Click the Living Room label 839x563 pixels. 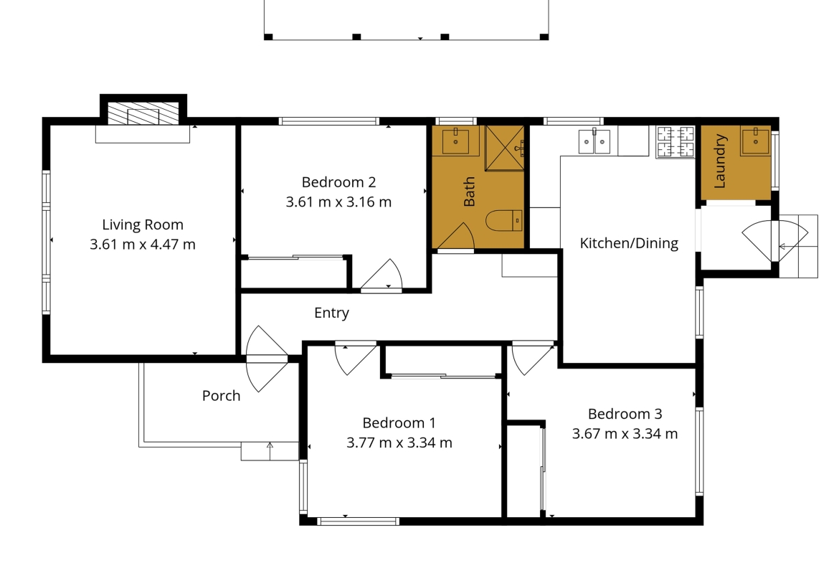pyautogui.click(x=142, y=224)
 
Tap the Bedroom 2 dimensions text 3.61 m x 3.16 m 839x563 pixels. pyautogui.click(x=338, y=202)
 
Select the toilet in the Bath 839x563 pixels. pyautogui.click(x=504, y=220)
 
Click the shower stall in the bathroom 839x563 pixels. pyautogui.click(x=505, y=148)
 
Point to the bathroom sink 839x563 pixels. pyautogui.click(x=455, y=141)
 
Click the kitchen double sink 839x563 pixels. pyautogui.click(x=594, y=141)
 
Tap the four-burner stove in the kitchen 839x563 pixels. pyautogui.click(x=676, y=142)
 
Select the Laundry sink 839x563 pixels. pyautogui.click(x=755, y=141)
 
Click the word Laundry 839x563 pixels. pyautogui.click(x=720, y=161)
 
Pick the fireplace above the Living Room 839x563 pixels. pyautogui.click(x=143, y=113)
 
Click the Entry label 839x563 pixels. pyautogui.click(x=332, y=313)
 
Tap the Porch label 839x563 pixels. pyautogui.click(x=221, y=395)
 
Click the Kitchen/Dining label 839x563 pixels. pyautogui.click(x=629, y=244)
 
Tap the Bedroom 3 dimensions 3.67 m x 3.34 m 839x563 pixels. pyautogui.click(x=625, y=433)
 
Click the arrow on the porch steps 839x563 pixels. pyautogui.click(x=270, y=451)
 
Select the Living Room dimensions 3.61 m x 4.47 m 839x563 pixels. pyautogui.click(x=142, y=245)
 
